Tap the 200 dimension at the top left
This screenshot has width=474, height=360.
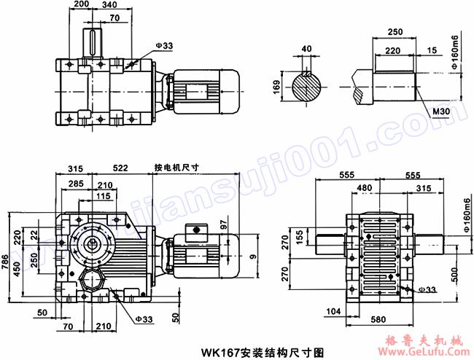(82, 5)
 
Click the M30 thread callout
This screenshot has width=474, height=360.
(441, 111)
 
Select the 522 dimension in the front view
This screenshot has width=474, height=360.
(120, 168)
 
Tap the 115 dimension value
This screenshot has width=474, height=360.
(103, 196)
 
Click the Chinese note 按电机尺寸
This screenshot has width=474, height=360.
(177, 167)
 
